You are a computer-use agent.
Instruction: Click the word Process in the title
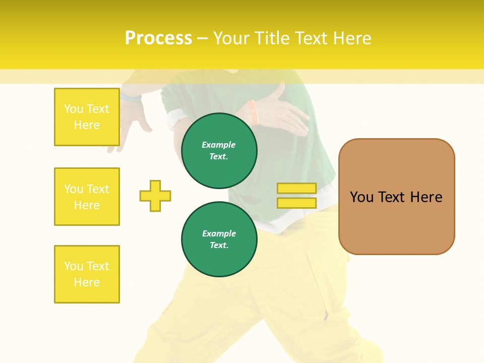point(158,38)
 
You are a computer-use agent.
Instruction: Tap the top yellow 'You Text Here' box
point(87,117)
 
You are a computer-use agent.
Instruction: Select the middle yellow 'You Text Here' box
point(87,197)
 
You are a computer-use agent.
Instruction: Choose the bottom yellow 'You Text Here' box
point(87,274)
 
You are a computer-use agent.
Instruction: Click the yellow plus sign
point(155,196)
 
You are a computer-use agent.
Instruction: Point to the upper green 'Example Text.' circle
point(219,151)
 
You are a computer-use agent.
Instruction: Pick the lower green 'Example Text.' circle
point(219,239)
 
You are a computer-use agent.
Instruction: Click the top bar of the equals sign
point(296,188)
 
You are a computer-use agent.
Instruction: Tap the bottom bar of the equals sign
point(296,203)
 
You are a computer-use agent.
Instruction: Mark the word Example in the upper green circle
point(219,145)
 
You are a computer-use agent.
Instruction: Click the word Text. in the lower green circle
point(219,246)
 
